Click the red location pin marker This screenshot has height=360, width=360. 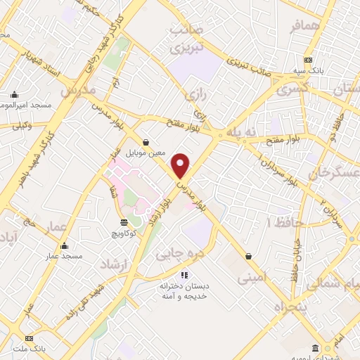(181, 165)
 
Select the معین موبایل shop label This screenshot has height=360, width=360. (145, 151)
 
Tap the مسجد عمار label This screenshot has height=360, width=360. (64, 256)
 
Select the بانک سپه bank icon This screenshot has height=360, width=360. (308, 60)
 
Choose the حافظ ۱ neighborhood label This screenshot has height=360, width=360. (284, 222)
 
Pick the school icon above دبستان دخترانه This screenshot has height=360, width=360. (184, 276)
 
